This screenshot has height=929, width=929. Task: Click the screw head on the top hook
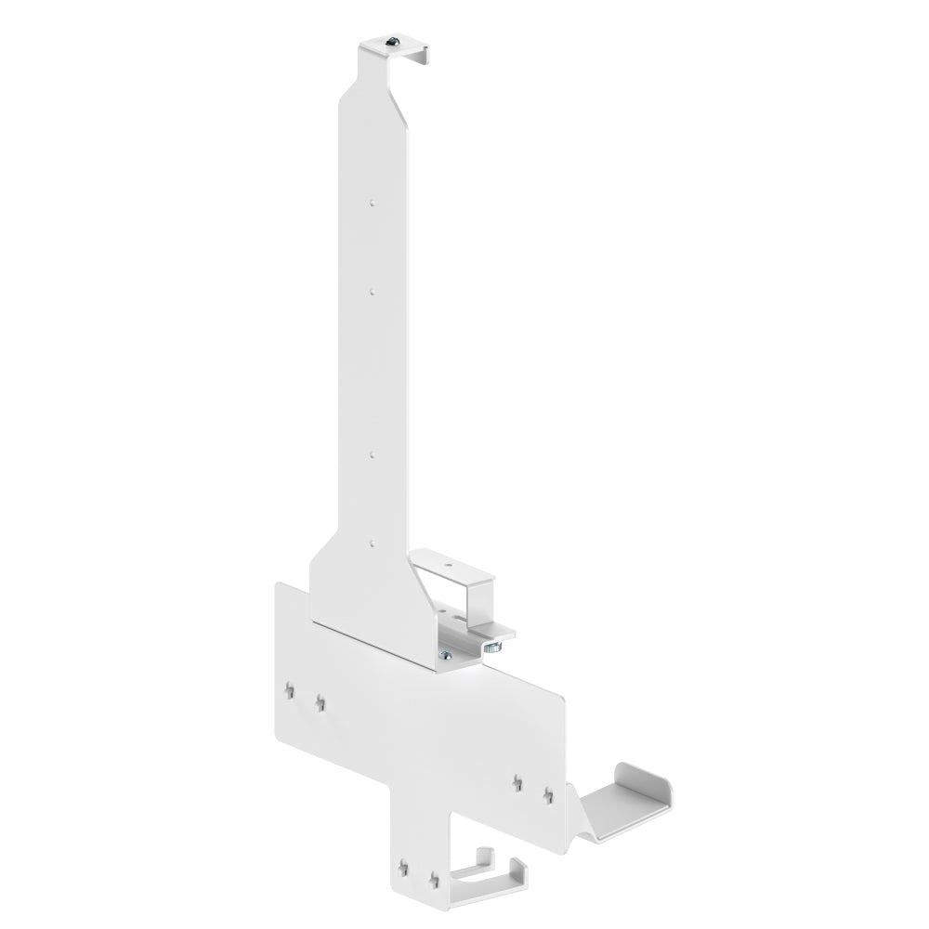pyautogui.click(x=393, y=42)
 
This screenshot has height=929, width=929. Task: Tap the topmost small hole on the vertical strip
pyautogui.click(x=371, y=200)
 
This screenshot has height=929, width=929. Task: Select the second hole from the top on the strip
pyautogui.click(x=371, y=291)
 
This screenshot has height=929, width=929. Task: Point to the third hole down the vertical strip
pyautogui.click(x=371, y=454)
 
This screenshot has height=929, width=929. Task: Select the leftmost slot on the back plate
pyautogui.click(x=290, y=690)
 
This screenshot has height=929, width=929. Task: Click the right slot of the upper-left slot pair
pyautogui.click(x=320, y=703)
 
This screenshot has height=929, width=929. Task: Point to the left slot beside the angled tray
pyautogui.click(x=517, y=783)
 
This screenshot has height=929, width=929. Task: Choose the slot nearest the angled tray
pyautogui.click(x=548, y=795)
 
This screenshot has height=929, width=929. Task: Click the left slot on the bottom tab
pyautogui.click(x=403, y=868)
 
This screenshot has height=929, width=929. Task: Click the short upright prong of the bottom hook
pyautogui.click(x=482, y=858)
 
